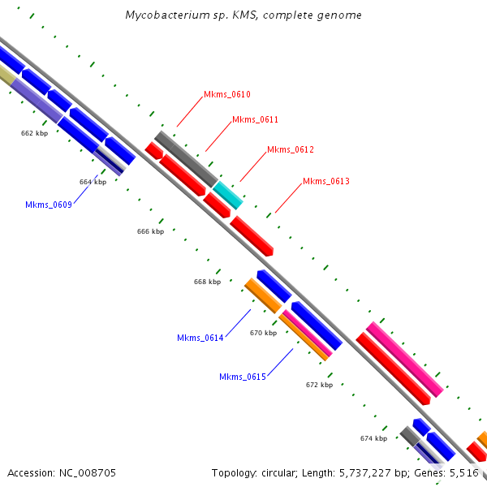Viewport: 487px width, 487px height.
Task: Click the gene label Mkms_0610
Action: click(x=226, y=95)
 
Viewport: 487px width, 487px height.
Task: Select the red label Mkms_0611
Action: click(x=255, y=120)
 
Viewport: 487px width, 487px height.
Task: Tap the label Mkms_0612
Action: click(x=290, y=150)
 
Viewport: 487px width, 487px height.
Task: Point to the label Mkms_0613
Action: click(x=325, y=182)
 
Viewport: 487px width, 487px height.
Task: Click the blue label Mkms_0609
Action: click(x=49, y=205)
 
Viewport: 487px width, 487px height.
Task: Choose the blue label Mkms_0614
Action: click(x=200, y=338)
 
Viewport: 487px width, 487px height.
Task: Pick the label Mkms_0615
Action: click(x=243, y=377)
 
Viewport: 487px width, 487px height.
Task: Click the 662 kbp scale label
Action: click(x=34, y=132)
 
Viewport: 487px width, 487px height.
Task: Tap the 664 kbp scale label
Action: click(x=93, y=182)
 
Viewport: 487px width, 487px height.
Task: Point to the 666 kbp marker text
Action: click(x=150, y=231)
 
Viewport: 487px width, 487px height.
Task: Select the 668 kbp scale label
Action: click(x=207, y=282)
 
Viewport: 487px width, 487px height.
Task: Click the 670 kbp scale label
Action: click(x=263, y=333)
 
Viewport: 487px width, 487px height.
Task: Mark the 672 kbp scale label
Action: click(x=319, y=385)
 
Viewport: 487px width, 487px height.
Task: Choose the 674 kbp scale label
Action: click(x=373, y=438)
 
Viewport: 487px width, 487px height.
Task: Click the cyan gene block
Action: click(x=228, y=196)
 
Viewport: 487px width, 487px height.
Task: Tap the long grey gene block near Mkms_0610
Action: click(x=186, y=158)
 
